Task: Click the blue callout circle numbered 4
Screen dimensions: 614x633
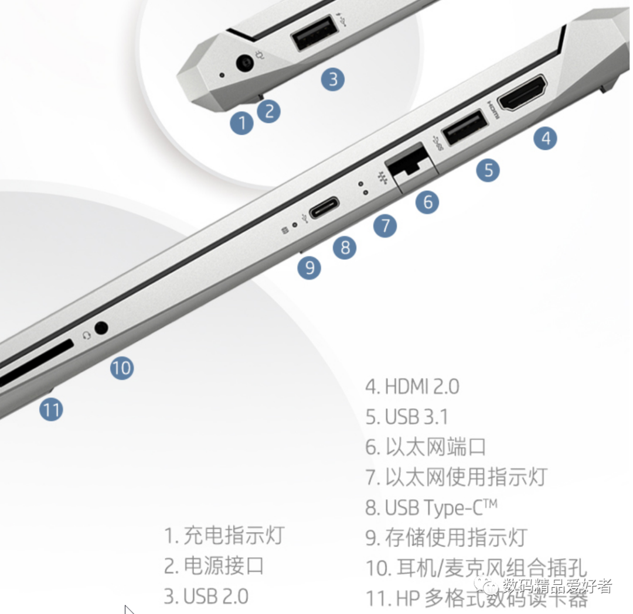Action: click(546, 139)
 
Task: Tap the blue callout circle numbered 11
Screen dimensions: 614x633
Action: click(51, 409)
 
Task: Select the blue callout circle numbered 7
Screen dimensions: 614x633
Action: click(385, 226)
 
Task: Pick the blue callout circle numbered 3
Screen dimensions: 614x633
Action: click(333, 79)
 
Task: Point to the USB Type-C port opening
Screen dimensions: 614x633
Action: click(324, 208)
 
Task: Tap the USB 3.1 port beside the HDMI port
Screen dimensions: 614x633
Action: click(464, 126)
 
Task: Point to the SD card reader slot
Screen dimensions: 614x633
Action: click(35, 364)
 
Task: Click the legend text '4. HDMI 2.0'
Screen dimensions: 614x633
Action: click(412, 386)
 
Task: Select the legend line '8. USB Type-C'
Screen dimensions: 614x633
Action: click(431, 507)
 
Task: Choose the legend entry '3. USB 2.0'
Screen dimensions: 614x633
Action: click(206, 596)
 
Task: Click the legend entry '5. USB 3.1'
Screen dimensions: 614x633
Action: click(407, 417)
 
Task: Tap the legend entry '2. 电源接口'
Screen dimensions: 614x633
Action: click(214, 565)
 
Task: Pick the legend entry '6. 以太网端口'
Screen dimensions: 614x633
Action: click(426, 447)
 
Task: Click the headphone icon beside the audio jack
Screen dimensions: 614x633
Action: click(87, 335)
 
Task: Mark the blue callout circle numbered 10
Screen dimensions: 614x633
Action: click(122, 368)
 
